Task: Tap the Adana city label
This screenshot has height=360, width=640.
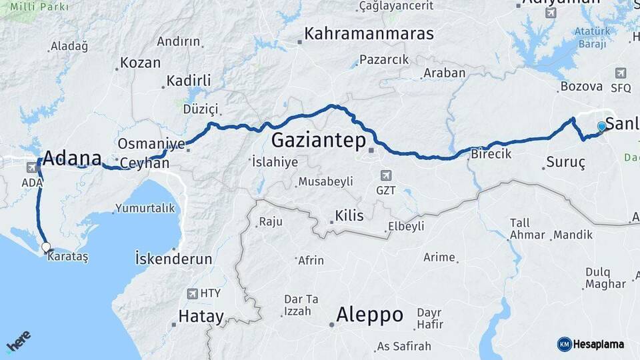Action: pyautogui.click(x=71, y=159)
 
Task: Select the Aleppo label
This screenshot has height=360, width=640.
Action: pyautogui.click(x=370, y=314)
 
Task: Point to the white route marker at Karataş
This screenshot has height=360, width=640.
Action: pyautogui.click(x=46, y=247)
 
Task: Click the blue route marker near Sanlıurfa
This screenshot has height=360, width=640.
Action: pyautogui.click(x=602, y=126)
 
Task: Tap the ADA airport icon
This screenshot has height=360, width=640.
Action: pyautogui.click(x=32, y=167)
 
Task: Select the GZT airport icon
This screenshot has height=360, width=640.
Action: pyautogui.click(x=385, y=175)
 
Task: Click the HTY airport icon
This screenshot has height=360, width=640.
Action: pyautogui.click(x=193, y=293)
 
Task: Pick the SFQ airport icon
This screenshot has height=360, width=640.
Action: pyautogui.click(x=621, y=73)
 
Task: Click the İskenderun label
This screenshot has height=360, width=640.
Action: pyautogui.click(x=173, y=259)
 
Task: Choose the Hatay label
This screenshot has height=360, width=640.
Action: pyautogui.click(x=201, y=317)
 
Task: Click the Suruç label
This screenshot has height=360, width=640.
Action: pyautogui.click(x=565, y=163)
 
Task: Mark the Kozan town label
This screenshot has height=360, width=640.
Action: pyautogui.click(x=140, y=63)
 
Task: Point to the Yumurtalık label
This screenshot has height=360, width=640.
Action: pyautogui.click(x=145, y=208)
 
